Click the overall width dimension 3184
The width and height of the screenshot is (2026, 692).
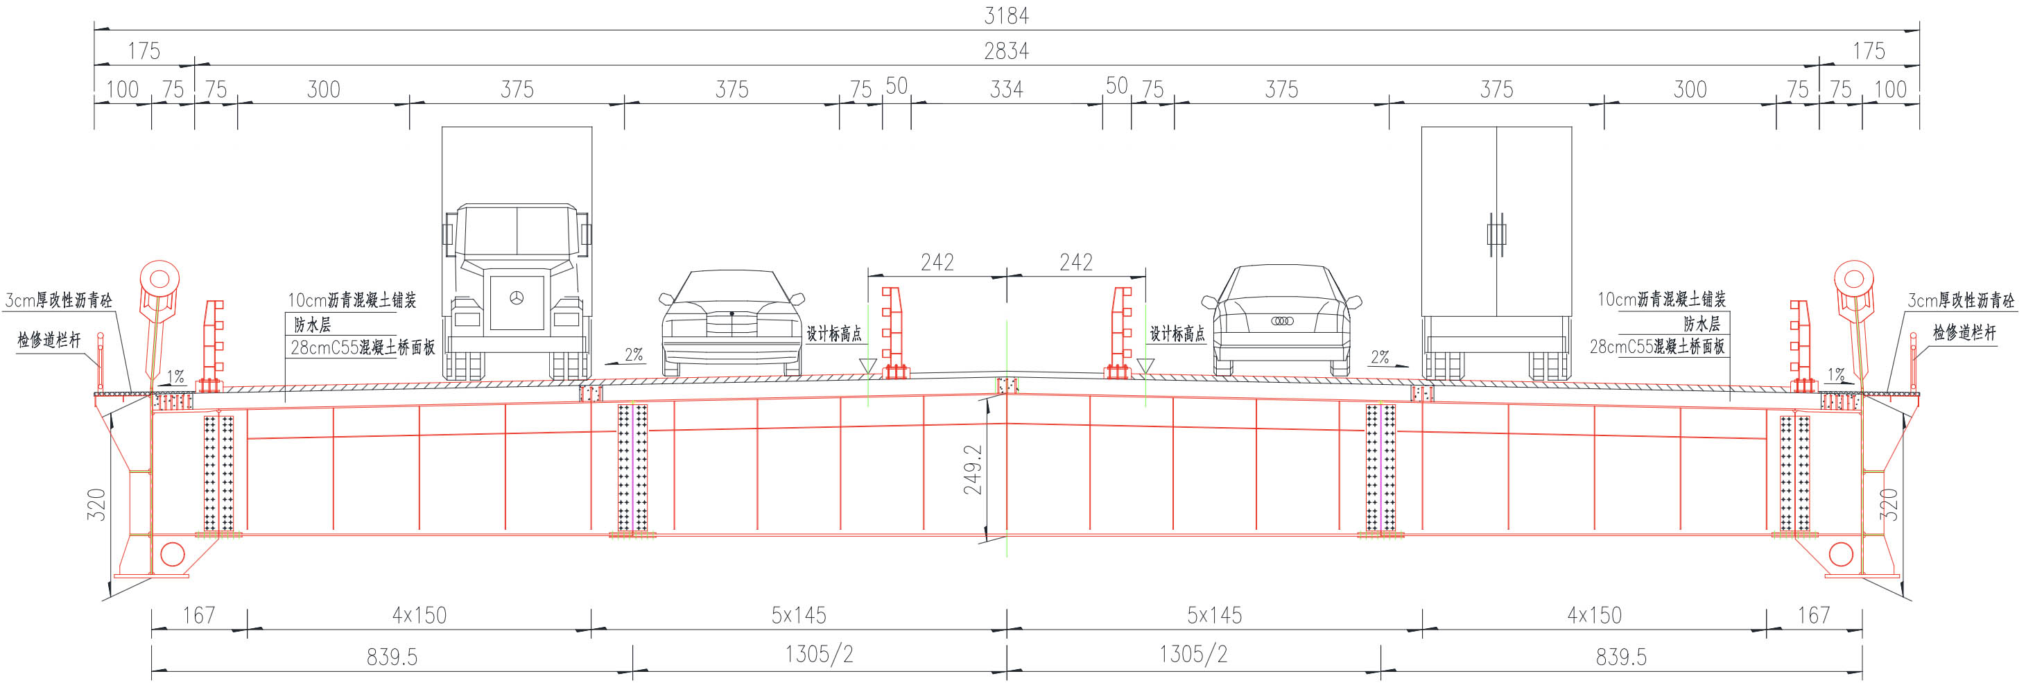pyautogui.click(x=1006, y=15)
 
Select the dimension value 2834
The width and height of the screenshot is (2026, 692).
pyautogui.click(x=1006, y=51)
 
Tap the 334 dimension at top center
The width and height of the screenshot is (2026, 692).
pyautogui.click(x=1006, y=89)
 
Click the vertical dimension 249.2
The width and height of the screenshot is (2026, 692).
pyautogui.click(x=973, y=469)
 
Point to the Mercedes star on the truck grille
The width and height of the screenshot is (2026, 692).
pyautogui.click(x=517, y=298)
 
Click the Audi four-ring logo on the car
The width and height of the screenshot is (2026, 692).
pyautogui.click(x=1282, y=321)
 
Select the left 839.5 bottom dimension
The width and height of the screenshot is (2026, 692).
pyautogui.click(x=392, y=657)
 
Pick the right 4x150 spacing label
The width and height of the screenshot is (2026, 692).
pyautogui.click(x=1593, y=615)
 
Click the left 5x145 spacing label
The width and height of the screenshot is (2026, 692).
pyautogui.click(x=798, y=615)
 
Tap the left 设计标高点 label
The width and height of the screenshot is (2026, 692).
pyautogui.click(x=833, y=334)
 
